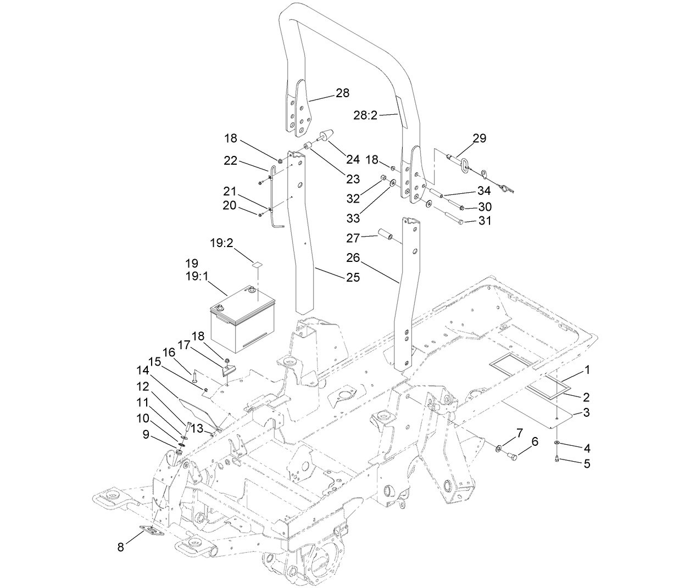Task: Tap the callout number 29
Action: click(x=479, y=138)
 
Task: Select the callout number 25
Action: click(x=353, y=277)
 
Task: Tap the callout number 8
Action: click(x=120, y=547)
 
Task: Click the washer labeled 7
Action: click(x=498, y=450)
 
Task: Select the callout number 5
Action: click(x=587, y=463)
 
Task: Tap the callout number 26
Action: click(x=353, y=257)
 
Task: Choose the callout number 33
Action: click(x=353, y=218)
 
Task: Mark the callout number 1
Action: click(x=587, y=370)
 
